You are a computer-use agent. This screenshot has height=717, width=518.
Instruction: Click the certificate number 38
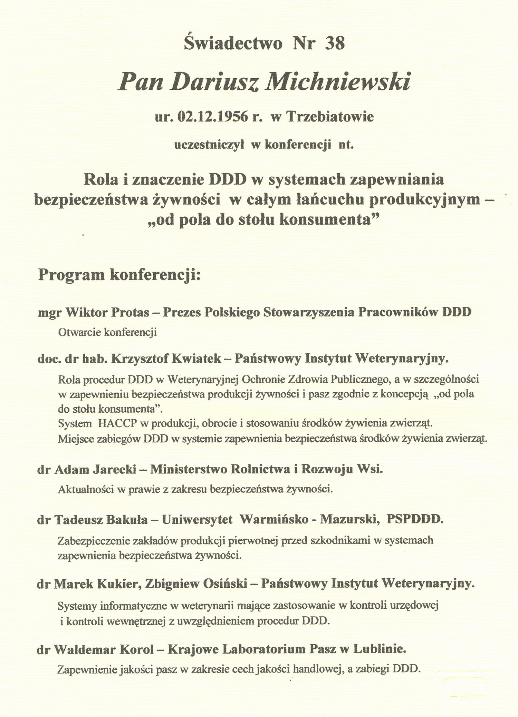pyautogui.click(x=335, y=44)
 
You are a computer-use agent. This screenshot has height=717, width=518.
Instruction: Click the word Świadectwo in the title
pyautogui.click(x=233, y=44)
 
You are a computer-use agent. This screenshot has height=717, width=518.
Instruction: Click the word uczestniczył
pyautogui.click(x=210, y=145)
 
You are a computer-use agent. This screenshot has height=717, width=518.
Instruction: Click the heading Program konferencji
pyautogui.click(x=119, y=275)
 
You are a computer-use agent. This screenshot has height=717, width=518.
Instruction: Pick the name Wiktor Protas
pyautogui.click(x=107, y=312)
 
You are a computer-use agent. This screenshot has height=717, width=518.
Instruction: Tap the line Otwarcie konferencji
pyautogui.click(x=107, y=333)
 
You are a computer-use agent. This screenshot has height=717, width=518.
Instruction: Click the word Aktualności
pyautogui.click(x=86, y=489)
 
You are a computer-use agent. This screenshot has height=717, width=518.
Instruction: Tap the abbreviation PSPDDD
pyautogui.click(x=414, y=520)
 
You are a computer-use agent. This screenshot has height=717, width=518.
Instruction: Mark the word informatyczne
pyautogui.click(x=138, y=606)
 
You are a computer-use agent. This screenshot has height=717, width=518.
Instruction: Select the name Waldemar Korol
pyautogui.click(x=104, y=650)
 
